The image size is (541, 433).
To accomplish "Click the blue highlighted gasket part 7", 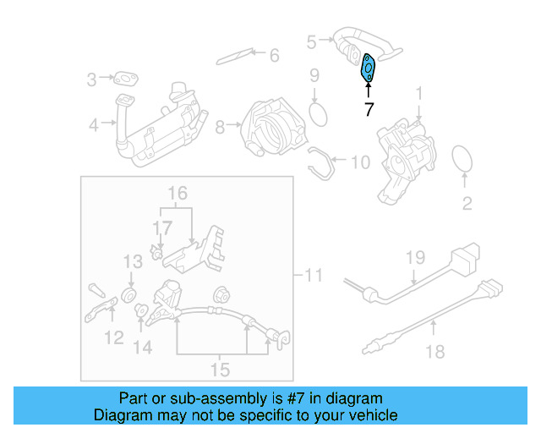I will click(369, 68).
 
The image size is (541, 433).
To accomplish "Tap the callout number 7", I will click(368, 108).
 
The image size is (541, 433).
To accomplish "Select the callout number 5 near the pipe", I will click(311, 41).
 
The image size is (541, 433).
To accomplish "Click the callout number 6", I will click(273, 56).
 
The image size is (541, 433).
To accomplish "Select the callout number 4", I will click(93, 125).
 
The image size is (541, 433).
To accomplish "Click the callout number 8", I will click(220, 127).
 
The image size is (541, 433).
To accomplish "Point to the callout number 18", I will click(434, 352).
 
